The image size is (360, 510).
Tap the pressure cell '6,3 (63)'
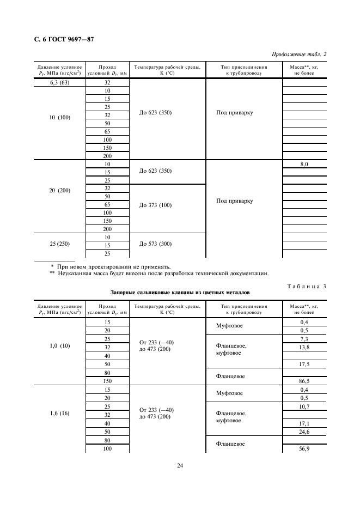coord(58,83)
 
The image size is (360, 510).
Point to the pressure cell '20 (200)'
coord(58,191)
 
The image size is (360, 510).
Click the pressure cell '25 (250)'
coord(58,244)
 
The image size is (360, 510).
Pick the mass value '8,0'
coord(304,164)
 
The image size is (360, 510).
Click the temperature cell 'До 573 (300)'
coord(155,244)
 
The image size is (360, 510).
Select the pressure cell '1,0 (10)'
coord(58,346)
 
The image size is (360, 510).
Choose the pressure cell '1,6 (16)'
coord(58,414)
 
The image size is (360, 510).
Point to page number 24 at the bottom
coord(180,465)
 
